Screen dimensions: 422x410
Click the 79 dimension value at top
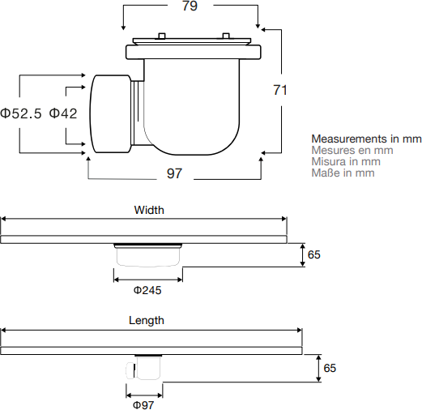pos(190,6)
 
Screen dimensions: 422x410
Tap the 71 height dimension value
pos(280,90)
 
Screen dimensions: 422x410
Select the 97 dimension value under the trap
pos(174,173)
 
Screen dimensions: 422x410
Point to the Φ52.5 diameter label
pos(21,113)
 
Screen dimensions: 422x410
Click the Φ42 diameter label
pos(63,113)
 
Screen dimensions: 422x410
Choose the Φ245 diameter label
pos(147,290)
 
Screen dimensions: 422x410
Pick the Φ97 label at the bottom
pos(143,405)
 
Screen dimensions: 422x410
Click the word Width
pos(149,210)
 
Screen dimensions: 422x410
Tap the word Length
pos(147,320)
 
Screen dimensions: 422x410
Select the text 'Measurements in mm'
pos(366,139)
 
